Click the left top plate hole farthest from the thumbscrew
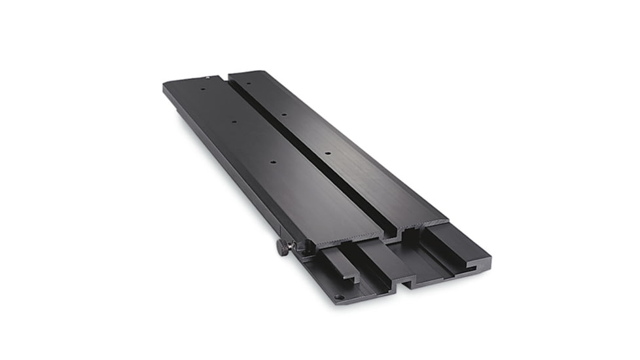(x=204, y=89)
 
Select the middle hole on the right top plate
(x=283, y=115)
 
